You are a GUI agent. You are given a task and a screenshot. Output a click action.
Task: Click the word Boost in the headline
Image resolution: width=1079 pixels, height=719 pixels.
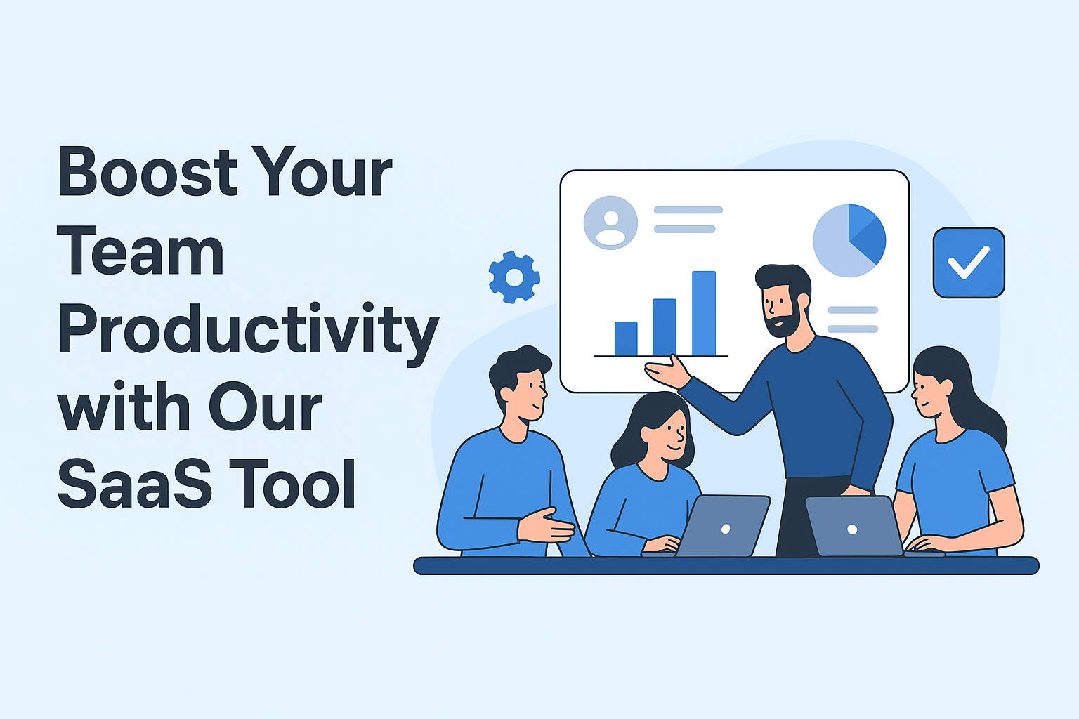pos(148,172)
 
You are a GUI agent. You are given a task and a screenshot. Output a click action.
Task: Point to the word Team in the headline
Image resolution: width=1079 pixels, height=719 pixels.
pos(140,251)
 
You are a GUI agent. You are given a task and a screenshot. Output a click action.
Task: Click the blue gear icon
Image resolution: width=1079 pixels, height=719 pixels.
pos(514,277)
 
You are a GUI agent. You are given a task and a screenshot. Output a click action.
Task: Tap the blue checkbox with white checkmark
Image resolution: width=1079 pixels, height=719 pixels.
pos(969,263)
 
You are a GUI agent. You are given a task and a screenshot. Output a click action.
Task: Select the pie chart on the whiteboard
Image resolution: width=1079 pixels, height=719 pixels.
pos(849,241)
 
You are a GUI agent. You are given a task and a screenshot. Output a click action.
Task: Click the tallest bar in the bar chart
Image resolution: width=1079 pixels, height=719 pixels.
pos(703,313)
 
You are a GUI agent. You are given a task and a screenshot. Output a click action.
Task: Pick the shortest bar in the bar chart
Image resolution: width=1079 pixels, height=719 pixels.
pos(626,338)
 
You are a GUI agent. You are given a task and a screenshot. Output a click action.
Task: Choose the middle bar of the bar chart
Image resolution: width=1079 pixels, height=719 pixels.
pos(665,327)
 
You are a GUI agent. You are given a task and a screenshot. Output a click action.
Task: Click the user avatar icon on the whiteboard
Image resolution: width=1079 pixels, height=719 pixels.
pos(610,223)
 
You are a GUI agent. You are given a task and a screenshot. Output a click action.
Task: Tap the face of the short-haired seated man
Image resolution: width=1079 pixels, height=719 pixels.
pos(530,395)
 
